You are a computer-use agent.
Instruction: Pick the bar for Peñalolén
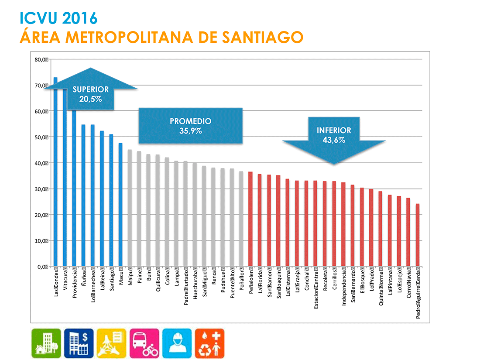(250, 219)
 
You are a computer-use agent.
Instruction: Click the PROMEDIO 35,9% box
(190, 126)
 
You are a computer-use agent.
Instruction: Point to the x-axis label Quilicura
(158, 282)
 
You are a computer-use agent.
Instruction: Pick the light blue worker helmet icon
(177, 343)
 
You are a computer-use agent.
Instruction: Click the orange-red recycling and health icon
(209, 343)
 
